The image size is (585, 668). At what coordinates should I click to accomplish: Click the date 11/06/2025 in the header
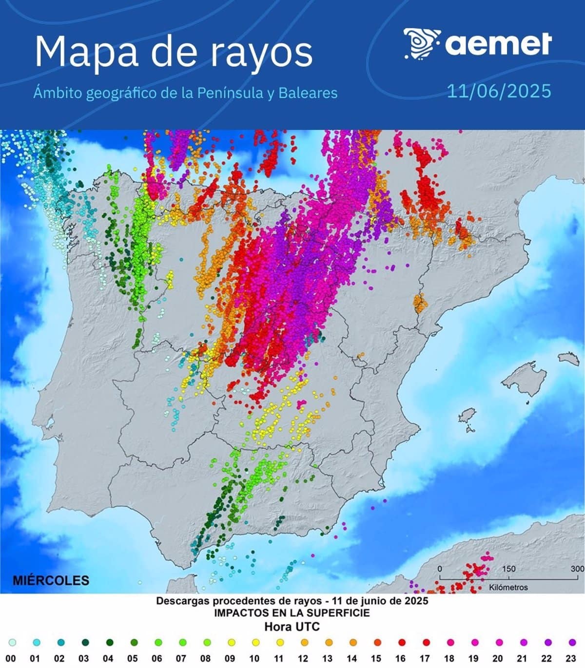tap(499, 91)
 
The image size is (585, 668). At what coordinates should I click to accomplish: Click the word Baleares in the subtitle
tap(308, 93)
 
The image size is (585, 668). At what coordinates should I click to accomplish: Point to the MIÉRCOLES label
tap(51, 580)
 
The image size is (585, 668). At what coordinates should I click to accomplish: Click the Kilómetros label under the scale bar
tap(508, 587)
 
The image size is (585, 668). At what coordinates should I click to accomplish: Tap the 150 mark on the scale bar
tap(508, 569)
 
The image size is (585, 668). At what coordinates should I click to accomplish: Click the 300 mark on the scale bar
tap(577, 569)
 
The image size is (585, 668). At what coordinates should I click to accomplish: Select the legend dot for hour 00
tap(12, 643)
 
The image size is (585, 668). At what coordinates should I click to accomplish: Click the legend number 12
tap(303, 659)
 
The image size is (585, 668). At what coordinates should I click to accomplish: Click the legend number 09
tap(230, 659)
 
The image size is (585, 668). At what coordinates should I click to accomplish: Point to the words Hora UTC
tap(292, 627)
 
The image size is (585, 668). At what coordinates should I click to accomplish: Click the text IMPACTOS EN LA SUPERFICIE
tap(292, 613)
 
